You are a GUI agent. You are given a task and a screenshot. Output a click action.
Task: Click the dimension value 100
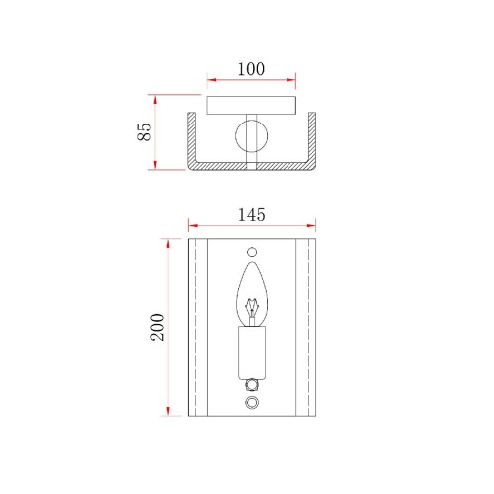click(x=251, y=69)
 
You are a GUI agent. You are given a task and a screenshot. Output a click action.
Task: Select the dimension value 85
click(x=144, y=132)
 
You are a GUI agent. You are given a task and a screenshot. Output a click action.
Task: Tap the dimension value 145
click(x=251, y=215)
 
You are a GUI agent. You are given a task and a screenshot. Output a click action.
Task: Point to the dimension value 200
click(x=158, y=327)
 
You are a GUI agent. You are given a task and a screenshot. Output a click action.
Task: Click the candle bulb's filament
click(x=252, y=308)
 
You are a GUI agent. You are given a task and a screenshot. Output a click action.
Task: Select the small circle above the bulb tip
click(x=252, y=252)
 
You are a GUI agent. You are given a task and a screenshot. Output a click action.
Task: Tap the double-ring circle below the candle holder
click(x=252, y=402)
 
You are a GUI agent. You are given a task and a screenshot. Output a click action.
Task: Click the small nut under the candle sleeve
click(x=252, y=384)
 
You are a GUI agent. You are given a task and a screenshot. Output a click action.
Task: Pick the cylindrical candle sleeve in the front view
click(x=252, y=352)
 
